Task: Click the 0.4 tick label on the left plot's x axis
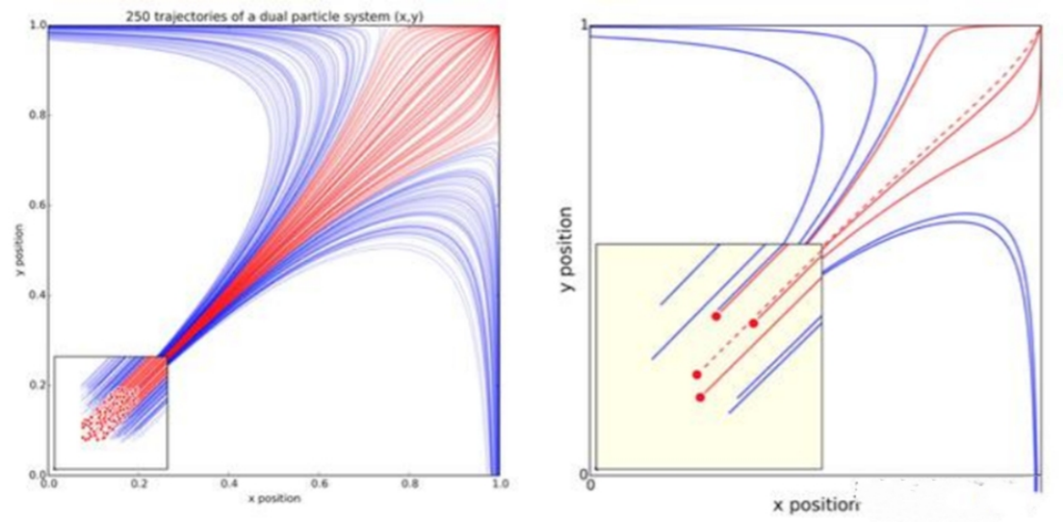[229, 485]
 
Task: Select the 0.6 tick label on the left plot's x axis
[319, 485]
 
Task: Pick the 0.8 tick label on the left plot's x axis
[408, 485]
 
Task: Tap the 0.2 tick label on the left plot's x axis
[140, 485]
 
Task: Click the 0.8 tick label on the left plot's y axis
[38, 116]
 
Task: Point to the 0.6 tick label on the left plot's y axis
[38, 205]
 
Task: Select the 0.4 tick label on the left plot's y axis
[38, 295]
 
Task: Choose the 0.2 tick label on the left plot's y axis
[38, 385]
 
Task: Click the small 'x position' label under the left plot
[273, 499]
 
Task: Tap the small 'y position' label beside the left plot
[18, 250]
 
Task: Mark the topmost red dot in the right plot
[716, 316]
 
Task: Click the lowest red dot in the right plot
[700, 397]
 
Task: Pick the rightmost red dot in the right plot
[753, 324]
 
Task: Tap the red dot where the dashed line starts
[696, 374]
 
